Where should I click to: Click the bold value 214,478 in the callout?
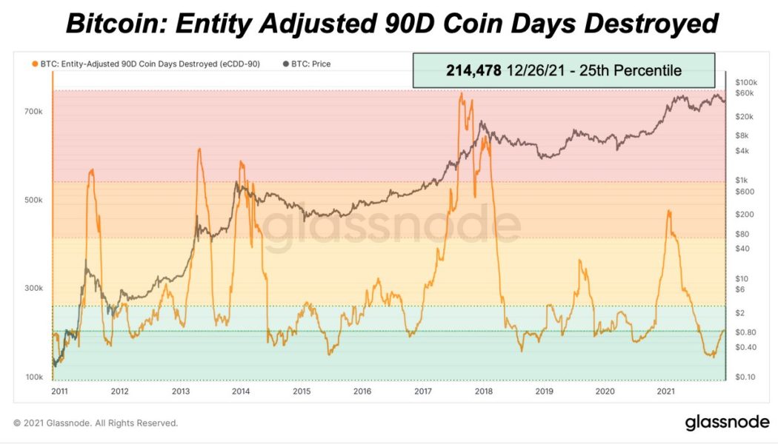point(473,71)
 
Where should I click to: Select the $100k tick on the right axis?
point(745,81)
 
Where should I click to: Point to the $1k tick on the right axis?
point(741,180)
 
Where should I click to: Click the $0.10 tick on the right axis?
point(744,377)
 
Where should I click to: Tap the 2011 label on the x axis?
point(59,391)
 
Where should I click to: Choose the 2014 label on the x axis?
point(241,391)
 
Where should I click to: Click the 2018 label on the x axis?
point(484,391)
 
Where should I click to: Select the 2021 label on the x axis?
point(665,391)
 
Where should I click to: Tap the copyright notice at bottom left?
point(96,423)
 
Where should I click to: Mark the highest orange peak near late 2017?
point(461,93)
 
